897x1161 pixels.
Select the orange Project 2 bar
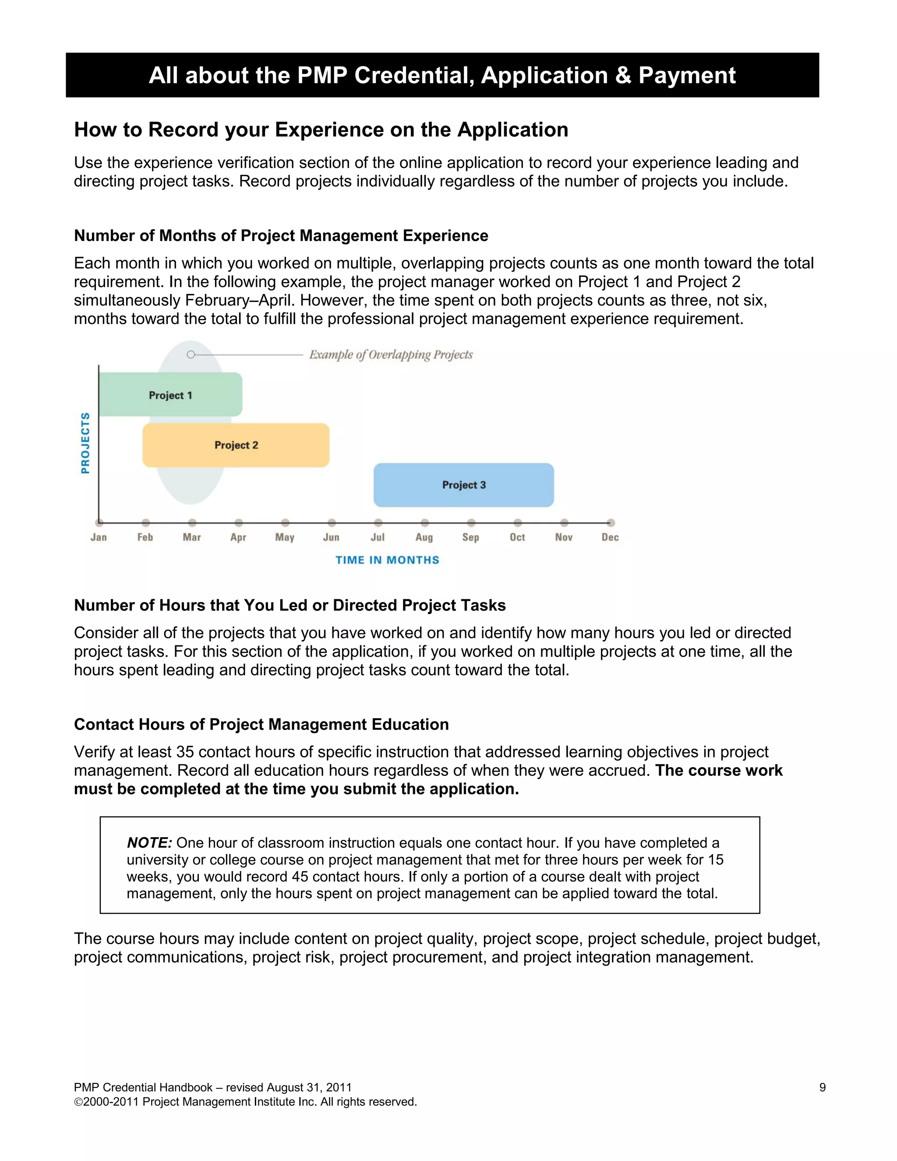click(236, 445)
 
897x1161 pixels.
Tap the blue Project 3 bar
click(463, 485)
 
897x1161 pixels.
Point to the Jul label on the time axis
click(377, 537)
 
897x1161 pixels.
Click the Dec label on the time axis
click(610, 537)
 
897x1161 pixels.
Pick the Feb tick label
click(145, 537)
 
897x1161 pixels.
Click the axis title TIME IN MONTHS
click(387, 560)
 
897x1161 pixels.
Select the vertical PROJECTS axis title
click(85, 443)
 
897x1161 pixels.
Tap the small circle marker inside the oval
click(191, 354)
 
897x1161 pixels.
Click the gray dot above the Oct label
click(518, 523)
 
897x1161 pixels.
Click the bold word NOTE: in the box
click(149, 842)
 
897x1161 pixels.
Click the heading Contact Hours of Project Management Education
click(261, 724)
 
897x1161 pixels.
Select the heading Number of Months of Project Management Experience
click(281, 236)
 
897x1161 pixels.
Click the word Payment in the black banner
click(687, 75)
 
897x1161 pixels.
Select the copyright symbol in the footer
click(78, 1102)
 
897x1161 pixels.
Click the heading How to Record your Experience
click(321, 130)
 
